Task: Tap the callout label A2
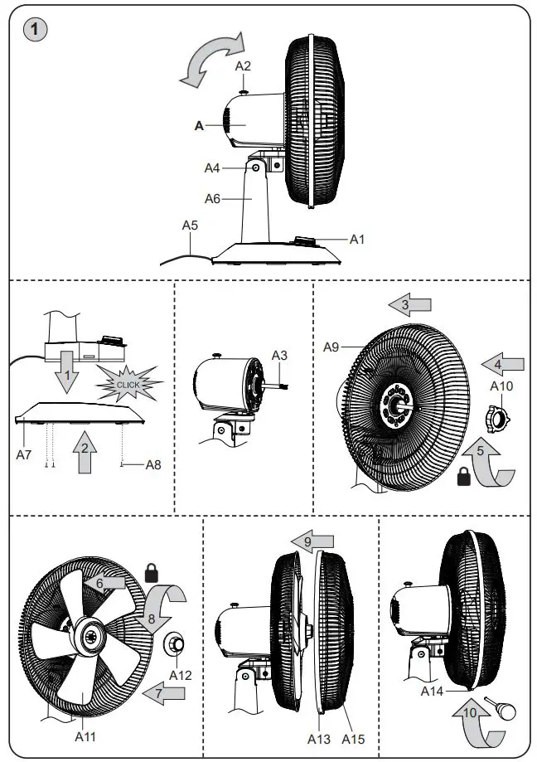click(x=243, y=65)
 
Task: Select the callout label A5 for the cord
click(x=191, y=224)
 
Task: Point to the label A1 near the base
click(x=357, y=239)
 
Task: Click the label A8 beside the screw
click(x=153, y=465)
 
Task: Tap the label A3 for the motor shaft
click(x=280, y=355)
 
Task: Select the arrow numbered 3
click(x=410, y=306)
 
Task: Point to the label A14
click(x=432, y=690)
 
